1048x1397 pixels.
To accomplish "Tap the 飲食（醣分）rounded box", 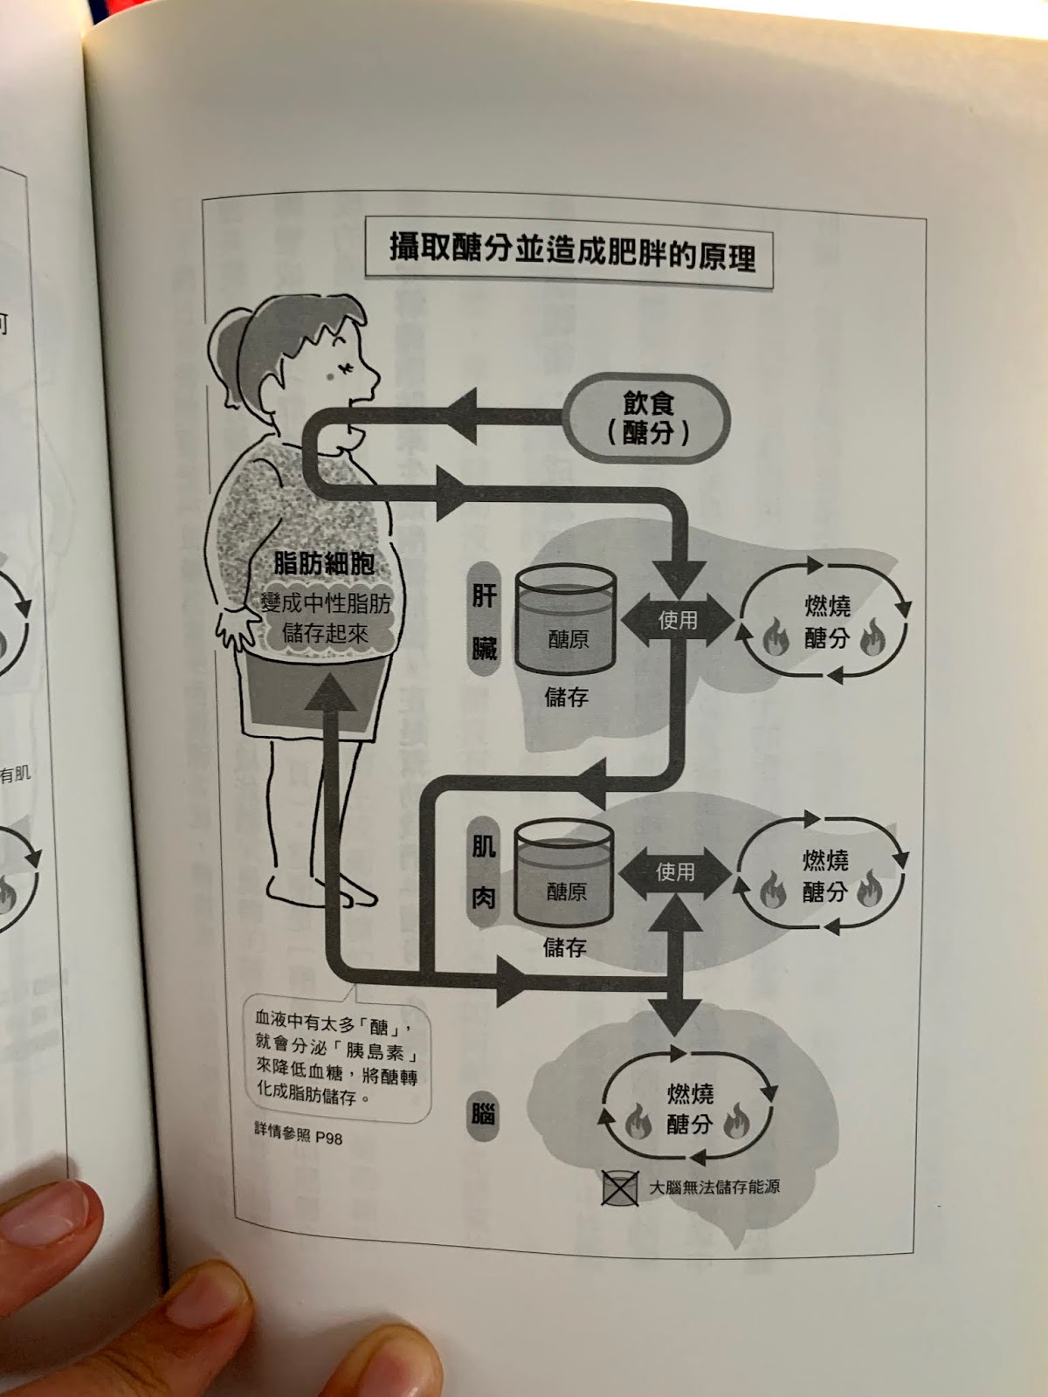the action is coord(647,418).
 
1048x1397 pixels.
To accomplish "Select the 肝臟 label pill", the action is coord(484,622).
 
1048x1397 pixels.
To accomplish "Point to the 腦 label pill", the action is coord(483,1113).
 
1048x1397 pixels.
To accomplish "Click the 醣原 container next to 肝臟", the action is coord(566,622).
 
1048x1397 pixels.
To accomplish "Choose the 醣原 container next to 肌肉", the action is coord(564,875).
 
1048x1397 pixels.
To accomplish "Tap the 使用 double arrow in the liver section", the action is coord(678,620).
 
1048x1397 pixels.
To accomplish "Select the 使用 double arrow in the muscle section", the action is coord(675,871).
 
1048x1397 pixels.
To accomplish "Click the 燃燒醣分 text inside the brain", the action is coord(690,1109).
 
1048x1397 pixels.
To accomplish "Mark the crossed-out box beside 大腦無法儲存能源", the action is coord(619,1188).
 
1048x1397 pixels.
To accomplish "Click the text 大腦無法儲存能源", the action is coord(714,1187).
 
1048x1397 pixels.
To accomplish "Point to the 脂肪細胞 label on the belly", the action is coord(324,564).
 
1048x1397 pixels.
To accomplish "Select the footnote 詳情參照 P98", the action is coord(298,1134).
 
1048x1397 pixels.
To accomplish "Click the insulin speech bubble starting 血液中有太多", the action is coord(336,1058).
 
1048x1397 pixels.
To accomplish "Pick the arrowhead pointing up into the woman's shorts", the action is coord(329,695).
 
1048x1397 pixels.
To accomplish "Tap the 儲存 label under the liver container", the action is coord(566,697).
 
